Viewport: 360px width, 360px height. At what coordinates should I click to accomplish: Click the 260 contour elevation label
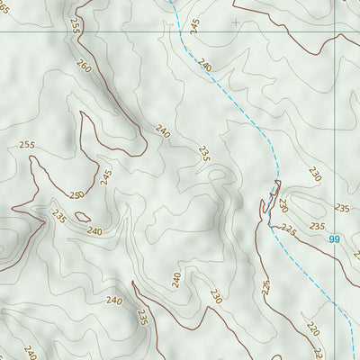coord(84,67)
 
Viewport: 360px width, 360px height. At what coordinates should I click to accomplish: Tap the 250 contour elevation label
coord(76,195)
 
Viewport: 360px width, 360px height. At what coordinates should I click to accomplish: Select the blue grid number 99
coord(334,238)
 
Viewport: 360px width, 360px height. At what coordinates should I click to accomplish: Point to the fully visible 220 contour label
coord(311,329)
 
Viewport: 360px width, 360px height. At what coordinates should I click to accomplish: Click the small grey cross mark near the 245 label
coord(236,21)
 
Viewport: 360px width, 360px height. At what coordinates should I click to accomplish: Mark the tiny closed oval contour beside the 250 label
coord(82,216)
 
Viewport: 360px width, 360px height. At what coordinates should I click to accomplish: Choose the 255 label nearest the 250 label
coord(26,145)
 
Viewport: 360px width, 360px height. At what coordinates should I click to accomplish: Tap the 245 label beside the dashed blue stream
coord(195,26)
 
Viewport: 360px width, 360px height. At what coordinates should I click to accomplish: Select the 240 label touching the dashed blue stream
coord(205,66)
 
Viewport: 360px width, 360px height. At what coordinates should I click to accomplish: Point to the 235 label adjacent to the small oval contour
coord(59,217)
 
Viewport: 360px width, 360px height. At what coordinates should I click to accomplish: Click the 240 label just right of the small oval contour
coord(94,230)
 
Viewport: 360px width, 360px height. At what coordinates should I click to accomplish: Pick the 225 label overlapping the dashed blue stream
coord(288,229)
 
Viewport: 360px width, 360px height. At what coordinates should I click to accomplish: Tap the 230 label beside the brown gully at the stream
coord(283,205)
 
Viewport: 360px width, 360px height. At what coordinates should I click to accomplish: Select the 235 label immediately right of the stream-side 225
coord(317,226)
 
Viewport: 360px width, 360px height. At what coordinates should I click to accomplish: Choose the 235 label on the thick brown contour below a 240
coord(142,316)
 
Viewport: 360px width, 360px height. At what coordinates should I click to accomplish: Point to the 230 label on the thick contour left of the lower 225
coord(216,295)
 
